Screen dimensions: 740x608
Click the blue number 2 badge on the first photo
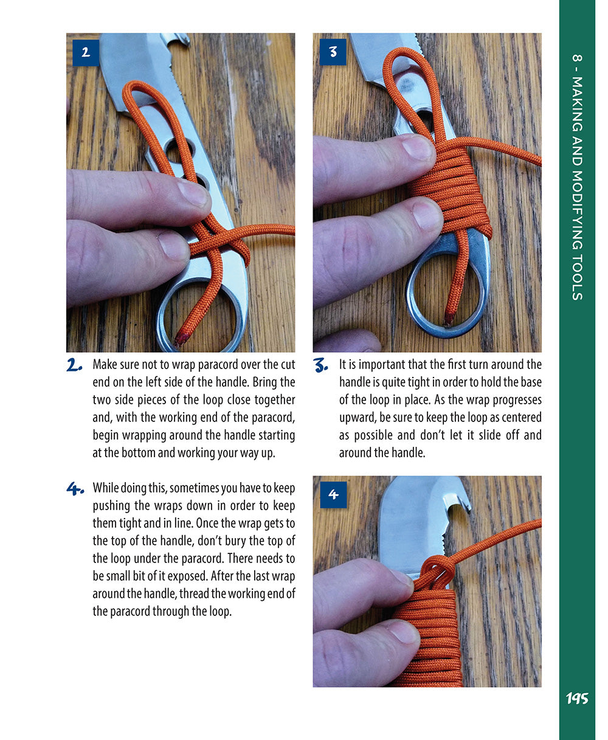86,53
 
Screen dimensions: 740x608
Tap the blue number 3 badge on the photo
333,52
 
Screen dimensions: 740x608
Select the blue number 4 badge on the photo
333,495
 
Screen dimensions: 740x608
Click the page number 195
576,699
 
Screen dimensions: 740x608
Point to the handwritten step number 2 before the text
75,365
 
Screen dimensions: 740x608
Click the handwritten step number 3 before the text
321,365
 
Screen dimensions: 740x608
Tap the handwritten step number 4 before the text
75,489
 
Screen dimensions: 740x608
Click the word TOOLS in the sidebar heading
577,276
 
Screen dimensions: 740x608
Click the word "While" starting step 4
106,488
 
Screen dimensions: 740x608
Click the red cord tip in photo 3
450,318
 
